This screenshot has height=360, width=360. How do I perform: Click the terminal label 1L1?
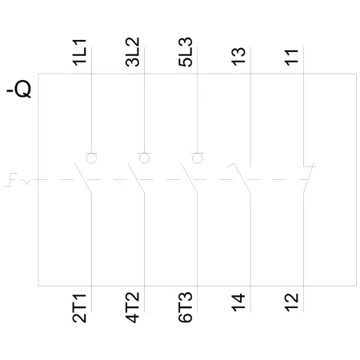pyautogui.click(x=79, y=53)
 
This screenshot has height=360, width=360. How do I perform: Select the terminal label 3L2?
pyautogui.click(x=133, y=52)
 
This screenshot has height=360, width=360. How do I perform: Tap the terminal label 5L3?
pyautogui.click(x=186, y=52)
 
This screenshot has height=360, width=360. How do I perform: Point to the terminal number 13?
pyautogui.click(x=238, y=56)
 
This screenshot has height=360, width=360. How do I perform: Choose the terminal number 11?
pyautogui.click(x=291, y=57)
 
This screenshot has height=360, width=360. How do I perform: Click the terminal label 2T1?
pyautogui.click(x=79, y=308)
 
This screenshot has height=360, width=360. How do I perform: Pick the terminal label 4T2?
pyautogui.click(x=133, y=307)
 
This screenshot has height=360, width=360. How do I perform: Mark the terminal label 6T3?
pyautogui.click(x=186, y=307)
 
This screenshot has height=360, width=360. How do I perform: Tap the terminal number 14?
pyautogui.click(x=238, y=302)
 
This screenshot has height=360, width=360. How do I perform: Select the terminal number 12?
pyautogui.click(x=291, y=302)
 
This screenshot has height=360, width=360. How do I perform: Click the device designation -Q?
pyautogui.click(x=19, y=90)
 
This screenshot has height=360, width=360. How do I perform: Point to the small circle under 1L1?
pyautogui.click(x=91, y=158)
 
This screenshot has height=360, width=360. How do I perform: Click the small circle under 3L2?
pyautogui.click(x=144, y=158)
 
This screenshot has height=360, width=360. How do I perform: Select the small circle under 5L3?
pyautogui.click(x=198, y=158)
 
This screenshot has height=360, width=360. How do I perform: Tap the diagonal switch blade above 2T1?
pyautogui.click(x=83, y=178)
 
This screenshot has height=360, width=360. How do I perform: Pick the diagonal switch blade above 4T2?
pyautogui.click(x=136, y=178)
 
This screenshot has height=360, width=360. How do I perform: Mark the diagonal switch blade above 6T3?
pyautogui.click(x=189, y=178)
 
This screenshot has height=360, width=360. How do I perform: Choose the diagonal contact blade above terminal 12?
pyautogui.click(x=308, y=178)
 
